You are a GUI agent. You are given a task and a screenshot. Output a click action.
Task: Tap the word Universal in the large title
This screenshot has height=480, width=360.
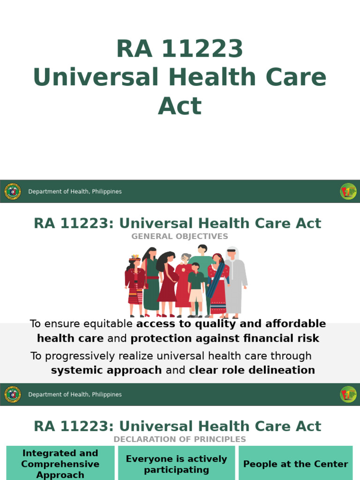coord(96,77)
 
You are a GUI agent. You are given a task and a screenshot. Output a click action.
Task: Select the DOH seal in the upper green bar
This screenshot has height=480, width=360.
coord(13,191)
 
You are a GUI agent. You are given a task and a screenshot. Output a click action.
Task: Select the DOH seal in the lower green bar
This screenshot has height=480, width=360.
coord(13,394)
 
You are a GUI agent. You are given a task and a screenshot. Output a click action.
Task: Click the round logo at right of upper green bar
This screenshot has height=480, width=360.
coord(348,191)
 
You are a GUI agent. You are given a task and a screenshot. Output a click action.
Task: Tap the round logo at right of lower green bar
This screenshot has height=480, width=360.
coord(348,394)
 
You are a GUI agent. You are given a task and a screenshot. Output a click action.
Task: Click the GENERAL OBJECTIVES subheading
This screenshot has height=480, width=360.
coord(180,236)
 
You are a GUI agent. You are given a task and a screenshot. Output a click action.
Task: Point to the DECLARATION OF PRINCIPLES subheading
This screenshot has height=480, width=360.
coord(180,439)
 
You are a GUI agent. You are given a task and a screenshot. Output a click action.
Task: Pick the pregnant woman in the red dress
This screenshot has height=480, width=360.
coord(167,281)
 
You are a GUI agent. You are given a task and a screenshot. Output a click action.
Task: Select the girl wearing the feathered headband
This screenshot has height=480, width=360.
coord(135,284)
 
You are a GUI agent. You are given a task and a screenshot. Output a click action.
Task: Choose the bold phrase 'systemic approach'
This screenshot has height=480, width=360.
coord(106,370)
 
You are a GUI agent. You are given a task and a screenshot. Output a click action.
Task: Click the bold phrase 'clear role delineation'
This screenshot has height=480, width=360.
coord(252,370)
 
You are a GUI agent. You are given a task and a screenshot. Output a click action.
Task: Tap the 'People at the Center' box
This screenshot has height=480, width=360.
coord(295,464)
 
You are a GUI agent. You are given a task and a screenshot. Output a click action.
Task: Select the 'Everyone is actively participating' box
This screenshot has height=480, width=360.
coord(176,464)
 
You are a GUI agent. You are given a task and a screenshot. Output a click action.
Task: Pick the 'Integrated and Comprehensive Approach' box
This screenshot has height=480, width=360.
coord(60,464)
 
